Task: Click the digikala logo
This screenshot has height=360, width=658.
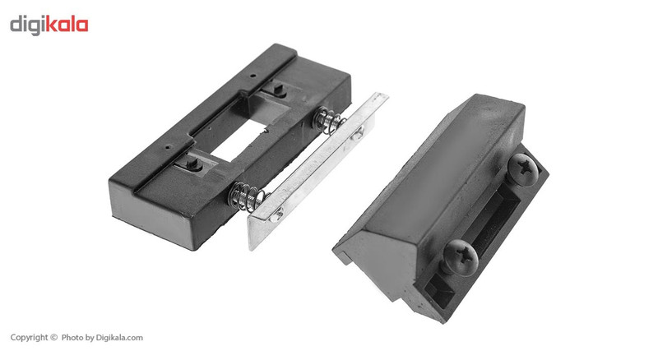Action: [x=49, y=25]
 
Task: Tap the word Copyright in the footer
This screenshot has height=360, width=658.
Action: [x=30, y=337]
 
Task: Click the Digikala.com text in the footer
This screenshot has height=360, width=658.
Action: [x=119, y=337]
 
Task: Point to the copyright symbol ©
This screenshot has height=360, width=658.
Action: [x=53, y=337]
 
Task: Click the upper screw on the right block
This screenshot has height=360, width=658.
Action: [x=523, y=169]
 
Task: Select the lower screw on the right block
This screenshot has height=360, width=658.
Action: [x=461, y=257]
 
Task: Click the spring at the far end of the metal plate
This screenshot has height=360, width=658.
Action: [x=330, y=121]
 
